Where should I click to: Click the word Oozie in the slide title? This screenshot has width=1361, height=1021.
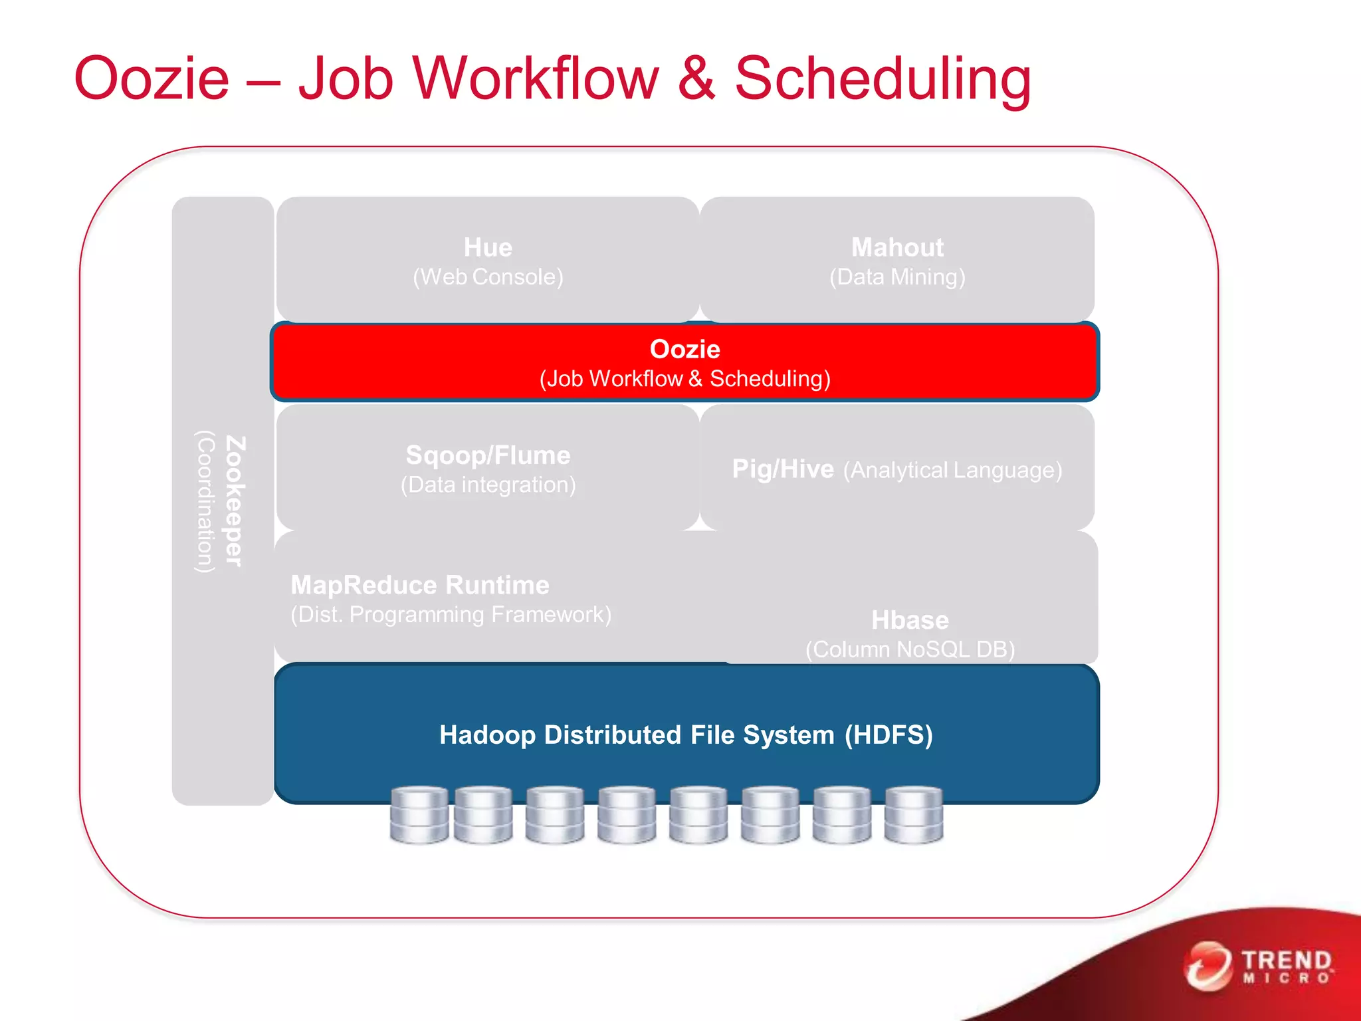coord(152,78)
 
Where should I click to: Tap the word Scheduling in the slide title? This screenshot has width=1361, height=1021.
coord(883,78)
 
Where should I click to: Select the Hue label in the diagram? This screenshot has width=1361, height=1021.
coord(488,247)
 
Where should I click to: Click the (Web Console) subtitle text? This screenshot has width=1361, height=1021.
coord(488,277)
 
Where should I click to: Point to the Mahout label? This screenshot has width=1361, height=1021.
coord(897,247)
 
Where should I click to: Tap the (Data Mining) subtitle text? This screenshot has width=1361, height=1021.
coord(897,277)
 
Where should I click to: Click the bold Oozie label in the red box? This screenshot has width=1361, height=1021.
coord(684,349)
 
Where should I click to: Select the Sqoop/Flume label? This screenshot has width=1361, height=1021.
coord(488,455)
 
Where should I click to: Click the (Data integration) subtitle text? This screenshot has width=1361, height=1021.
coord(488,485)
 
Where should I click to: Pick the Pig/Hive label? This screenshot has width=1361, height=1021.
coord(783,469)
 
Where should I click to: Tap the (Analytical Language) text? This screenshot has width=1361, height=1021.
coord(952,471)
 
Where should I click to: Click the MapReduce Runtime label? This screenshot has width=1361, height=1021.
coord(420,585)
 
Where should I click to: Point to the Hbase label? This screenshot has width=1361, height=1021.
coord(910,620)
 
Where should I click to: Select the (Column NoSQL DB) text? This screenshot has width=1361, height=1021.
coord(910,649)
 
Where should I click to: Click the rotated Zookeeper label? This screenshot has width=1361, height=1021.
coord(235,501)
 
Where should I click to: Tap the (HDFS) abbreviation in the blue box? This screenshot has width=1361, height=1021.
coord(889,735)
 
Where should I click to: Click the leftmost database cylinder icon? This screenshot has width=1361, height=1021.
coord(419,815)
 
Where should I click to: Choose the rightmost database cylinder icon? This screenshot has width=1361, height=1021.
coord(914,815)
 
